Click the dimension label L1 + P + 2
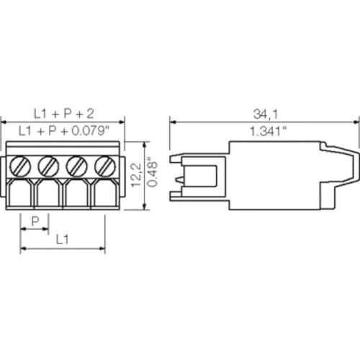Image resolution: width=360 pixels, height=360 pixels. click(x=64, y=113)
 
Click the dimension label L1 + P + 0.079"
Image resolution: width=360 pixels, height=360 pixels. click(x=63, y=131)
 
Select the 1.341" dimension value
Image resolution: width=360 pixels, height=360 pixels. click(x=266, y=131)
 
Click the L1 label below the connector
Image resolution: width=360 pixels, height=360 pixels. click(x=63, y=237)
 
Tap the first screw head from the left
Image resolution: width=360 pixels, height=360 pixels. click(x=22, y=166)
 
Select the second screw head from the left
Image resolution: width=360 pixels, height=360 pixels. click(x=49, y=166)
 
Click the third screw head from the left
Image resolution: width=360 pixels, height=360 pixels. click(x=77, y=166)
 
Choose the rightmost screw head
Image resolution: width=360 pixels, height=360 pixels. click(x=105, y=166)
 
